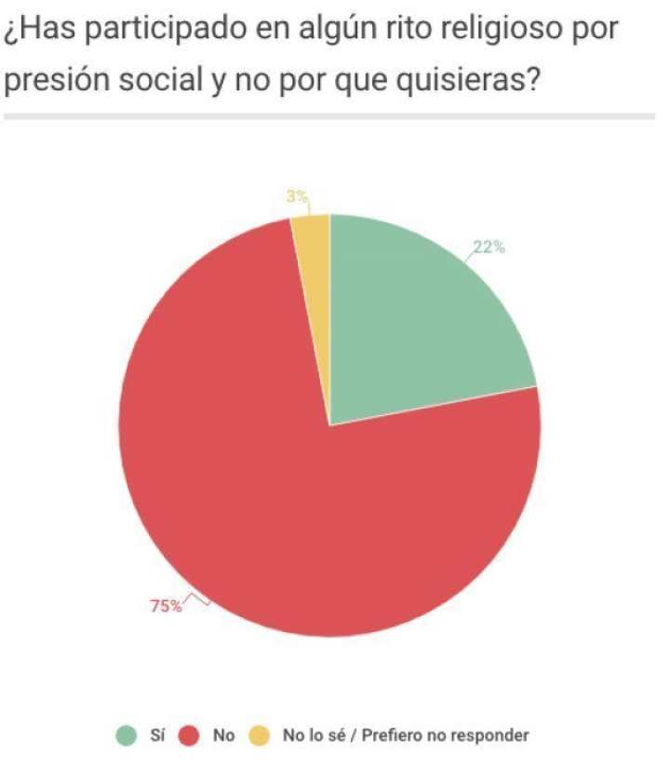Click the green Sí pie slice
[419, 316]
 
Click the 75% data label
[167, 607]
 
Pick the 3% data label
[297, 196]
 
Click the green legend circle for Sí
[125, 735]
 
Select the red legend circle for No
[191, 735]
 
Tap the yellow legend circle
[260, 735]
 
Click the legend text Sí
[156, 735]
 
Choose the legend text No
[223, 735]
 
